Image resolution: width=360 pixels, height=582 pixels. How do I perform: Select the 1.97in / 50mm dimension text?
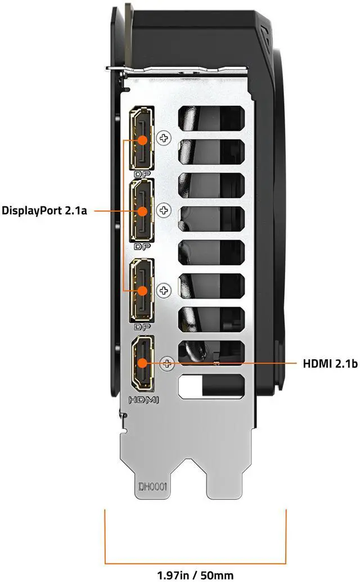[196, 574]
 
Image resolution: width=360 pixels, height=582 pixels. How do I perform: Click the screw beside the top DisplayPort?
[164, 138]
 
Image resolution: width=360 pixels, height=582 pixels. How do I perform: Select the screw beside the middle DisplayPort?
[164, 210]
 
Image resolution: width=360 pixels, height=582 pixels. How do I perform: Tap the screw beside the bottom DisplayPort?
[164, 291]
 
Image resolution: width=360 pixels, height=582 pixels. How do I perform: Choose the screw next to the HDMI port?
[166, 363]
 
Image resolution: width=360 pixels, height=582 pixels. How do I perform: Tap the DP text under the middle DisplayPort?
[141, 246]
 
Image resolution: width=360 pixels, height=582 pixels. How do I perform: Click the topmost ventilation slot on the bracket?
[211, 118]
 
